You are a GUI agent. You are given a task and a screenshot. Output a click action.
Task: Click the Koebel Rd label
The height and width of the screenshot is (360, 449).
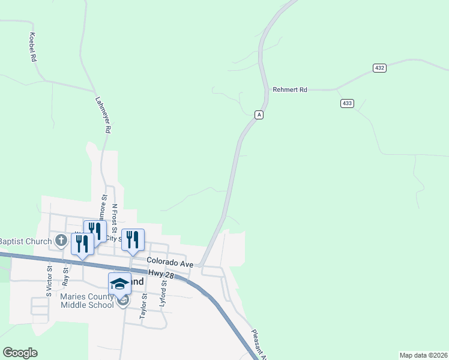33,48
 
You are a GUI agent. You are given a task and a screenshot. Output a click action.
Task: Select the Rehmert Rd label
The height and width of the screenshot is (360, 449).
290,89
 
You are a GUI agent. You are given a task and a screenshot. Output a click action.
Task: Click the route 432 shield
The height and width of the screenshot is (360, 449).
379,68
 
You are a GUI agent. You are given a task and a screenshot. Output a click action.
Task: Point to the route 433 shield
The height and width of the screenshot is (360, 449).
347,103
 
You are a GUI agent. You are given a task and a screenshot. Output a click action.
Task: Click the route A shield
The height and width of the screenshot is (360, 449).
259,115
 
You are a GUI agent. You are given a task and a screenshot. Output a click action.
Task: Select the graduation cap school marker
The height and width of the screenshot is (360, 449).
119,283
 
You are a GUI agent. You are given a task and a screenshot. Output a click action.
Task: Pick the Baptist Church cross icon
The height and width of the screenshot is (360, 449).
61,241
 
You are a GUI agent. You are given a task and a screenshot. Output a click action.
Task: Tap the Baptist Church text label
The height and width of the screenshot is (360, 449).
25,241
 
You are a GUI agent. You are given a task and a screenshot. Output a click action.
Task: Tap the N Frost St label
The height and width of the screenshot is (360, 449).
114,217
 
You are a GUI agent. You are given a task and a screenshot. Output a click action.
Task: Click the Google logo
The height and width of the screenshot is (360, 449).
20,352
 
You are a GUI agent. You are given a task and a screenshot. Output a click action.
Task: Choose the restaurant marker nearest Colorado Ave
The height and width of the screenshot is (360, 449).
133,240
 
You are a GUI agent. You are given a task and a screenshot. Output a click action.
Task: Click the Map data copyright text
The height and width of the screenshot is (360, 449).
423,355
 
